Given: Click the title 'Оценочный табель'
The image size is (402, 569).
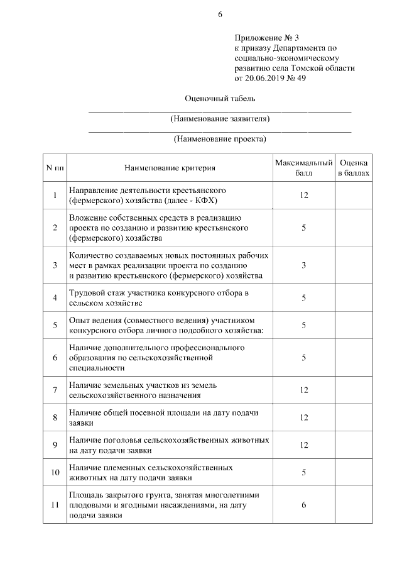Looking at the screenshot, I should pos(220,99).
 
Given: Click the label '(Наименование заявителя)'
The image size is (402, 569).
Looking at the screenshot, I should pos(220,118).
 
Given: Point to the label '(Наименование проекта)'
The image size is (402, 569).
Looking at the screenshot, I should pos(220,139).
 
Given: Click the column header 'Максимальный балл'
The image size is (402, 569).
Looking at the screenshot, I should pos(303,167).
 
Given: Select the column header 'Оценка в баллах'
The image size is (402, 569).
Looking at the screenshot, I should pos(353,167).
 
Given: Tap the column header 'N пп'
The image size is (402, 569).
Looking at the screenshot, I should pos(55,168).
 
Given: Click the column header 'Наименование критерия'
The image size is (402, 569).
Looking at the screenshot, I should pos(170,168).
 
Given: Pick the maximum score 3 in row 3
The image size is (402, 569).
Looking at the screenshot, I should pos(303,265).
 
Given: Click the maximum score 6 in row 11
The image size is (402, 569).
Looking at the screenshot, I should pos(303,505).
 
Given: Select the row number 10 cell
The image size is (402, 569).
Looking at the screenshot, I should pos(55,472).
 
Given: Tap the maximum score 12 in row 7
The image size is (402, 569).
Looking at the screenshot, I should pos(303,390).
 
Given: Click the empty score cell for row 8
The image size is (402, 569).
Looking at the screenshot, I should pos(353,417).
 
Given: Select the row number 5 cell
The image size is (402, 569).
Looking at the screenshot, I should pos(55,325).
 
